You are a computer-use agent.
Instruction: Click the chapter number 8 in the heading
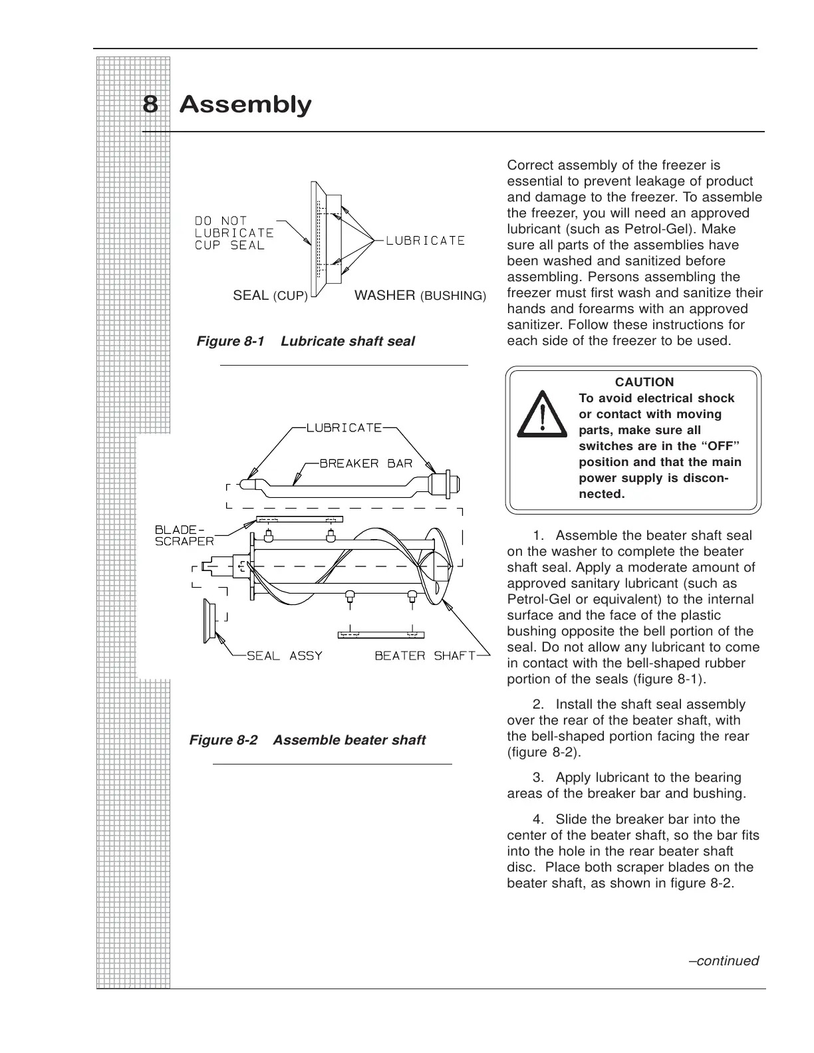pyautogui.click(x=150, y=105)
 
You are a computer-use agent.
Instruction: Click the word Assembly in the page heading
pyautogui.click(x=245, y=105)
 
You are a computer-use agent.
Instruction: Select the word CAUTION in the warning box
pyautogui.click(x=644, y=382)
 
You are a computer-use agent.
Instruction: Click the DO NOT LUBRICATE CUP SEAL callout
pyautogui.click(x=233, y=233)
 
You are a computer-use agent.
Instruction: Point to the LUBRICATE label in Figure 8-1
pyautogui.click(x=425, y=240)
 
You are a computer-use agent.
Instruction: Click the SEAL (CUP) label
pyautogui.click(x=270, y=295)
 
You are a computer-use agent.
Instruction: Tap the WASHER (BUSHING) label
pyautogui.click(x=420, y=295)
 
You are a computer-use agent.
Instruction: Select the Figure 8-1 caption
pyautogui.click(x=305, y=341)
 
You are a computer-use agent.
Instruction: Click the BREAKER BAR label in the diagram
pyautogui.click(x=366, y=463)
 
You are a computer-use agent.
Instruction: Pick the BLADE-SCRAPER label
pyautogui.click(x=184, y=535)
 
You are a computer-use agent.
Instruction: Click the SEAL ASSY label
pyautogui.click(x=284, y=655)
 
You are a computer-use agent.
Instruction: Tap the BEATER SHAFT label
pyautogui.click(x=425, y=655)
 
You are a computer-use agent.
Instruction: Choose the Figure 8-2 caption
pyautogui.click(x=307, y=740)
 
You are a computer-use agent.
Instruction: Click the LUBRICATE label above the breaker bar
pyautogui.click(x=344, y=427)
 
